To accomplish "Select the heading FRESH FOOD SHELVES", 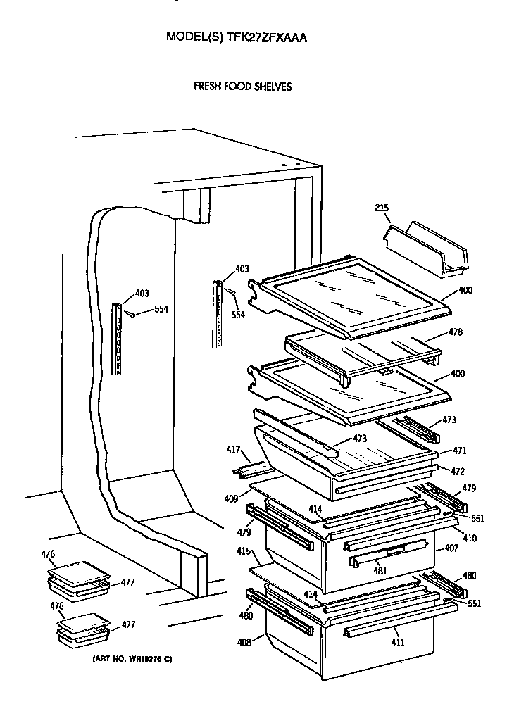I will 242,87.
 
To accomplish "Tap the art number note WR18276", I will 132,658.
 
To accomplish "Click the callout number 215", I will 381,208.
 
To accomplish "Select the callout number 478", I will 456,332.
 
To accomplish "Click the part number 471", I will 459,450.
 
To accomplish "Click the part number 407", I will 451,548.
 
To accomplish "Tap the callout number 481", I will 380,570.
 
